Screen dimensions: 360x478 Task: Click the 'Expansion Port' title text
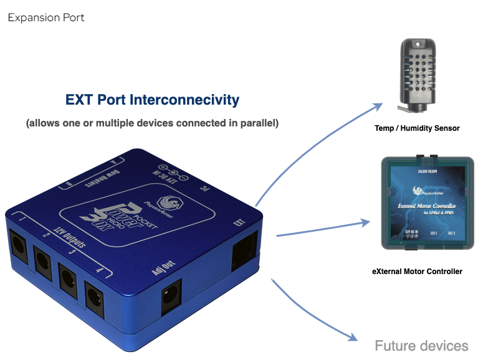pyautogui.click(x=46, y=17)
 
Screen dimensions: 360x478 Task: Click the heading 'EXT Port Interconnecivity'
pyautogui.click(x=152, y=100)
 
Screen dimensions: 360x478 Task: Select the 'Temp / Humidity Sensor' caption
pyautogui.click(x=417, y=128)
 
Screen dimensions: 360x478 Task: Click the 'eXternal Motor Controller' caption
pyautogui.click(x=417, y=272)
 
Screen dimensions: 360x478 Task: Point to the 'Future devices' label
pyautogui.click(x=421, y=346)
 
